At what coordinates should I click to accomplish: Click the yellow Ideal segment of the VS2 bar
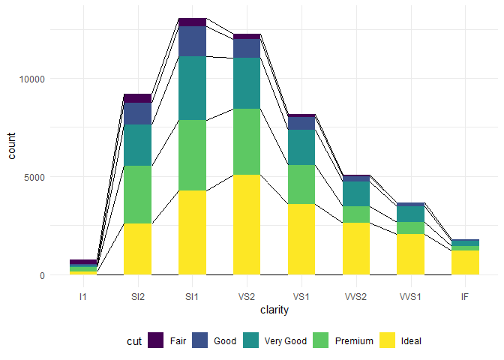[x=247, y=224]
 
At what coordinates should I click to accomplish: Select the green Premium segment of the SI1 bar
[x=192, y=155]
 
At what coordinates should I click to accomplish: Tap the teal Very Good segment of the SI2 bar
[x=138, y=145]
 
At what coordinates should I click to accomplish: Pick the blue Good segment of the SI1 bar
[x=192, y=41]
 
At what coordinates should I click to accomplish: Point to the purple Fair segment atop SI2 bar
[x=138, y=98]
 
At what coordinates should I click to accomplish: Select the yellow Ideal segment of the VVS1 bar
[x=410, y=254]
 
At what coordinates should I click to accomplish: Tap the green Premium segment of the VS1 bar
[x=301, y=184]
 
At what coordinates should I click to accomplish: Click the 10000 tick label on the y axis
[x=31, y=79]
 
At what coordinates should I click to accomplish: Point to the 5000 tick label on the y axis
[x=34, y=177]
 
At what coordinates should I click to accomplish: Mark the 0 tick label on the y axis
[x=42, y=275]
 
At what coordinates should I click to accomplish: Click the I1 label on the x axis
[x=83, y=296]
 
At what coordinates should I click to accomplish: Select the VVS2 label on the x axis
[x=355, y=296]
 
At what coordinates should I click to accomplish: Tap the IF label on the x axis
[x=465, y=296]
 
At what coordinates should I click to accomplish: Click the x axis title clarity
[x=274, y=310]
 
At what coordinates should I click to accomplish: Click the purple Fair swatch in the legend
[x=156, y=340]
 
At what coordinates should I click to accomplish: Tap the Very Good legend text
[x=286, y=340]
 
